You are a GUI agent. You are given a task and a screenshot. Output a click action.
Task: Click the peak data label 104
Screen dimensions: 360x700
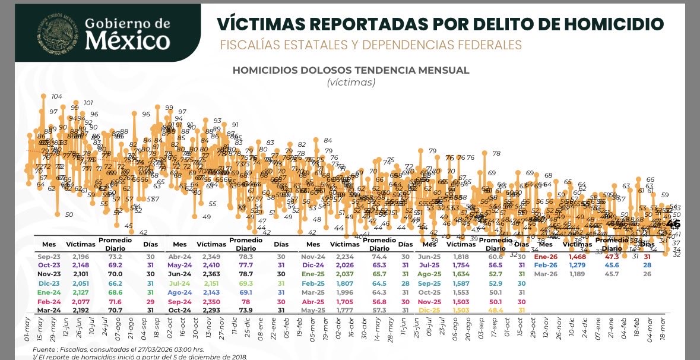(x=57, y=96)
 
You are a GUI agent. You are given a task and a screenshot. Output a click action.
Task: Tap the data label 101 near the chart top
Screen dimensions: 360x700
(x=88, y=103)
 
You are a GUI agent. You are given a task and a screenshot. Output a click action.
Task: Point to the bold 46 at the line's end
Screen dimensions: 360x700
(x=673, y=224)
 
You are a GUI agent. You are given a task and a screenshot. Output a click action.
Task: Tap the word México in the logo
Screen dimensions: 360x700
(x=127, y=41)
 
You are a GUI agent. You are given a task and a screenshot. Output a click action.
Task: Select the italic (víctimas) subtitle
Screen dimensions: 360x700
(x=351, y=83)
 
